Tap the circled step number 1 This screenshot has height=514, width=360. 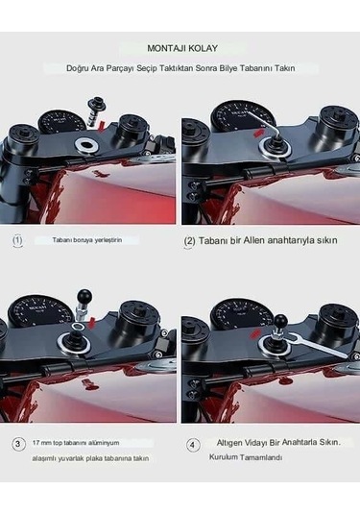pos(18,240)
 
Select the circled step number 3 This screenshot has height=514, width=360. pos(18,444)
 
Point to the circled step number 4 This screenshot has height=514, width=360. pos(194,445)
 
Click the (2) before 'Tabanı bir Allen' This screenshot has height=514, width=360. pos(190,240)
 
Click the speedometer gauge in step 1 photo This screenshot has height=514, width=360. pos(60,123)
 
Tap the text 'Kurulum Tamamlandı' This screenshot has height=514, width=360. pos(246,457)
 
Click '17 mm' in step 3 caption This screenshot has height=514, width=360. pos(42,444)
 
